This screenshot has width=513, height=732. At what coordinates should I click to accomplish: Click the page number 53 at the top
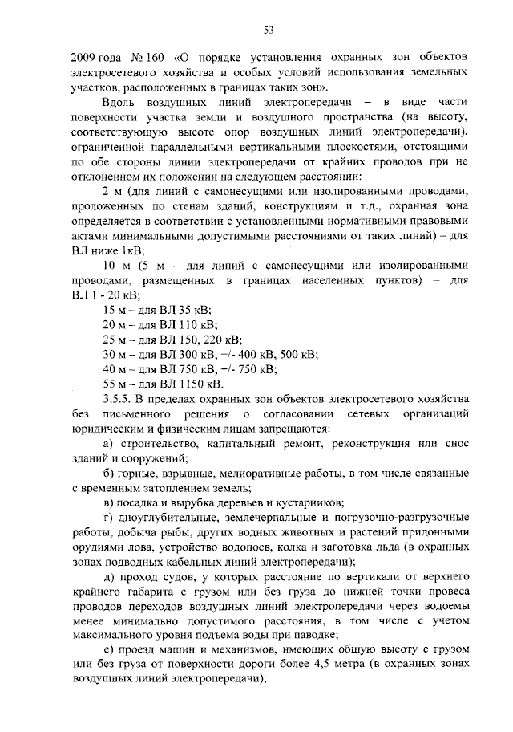[269, 31]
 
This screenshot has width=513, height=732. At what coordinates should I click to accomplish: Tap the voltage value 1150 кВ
[197, 384]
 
